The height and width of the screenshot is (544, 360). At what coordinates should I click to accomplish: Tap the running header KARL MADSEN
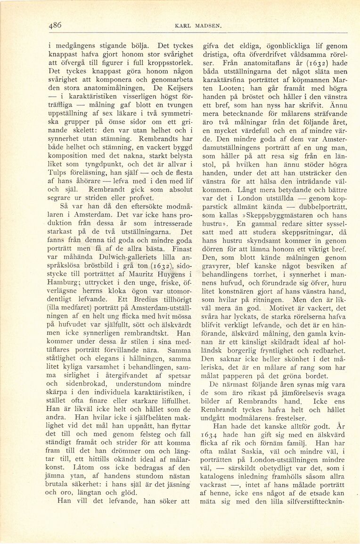point(195,26)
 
